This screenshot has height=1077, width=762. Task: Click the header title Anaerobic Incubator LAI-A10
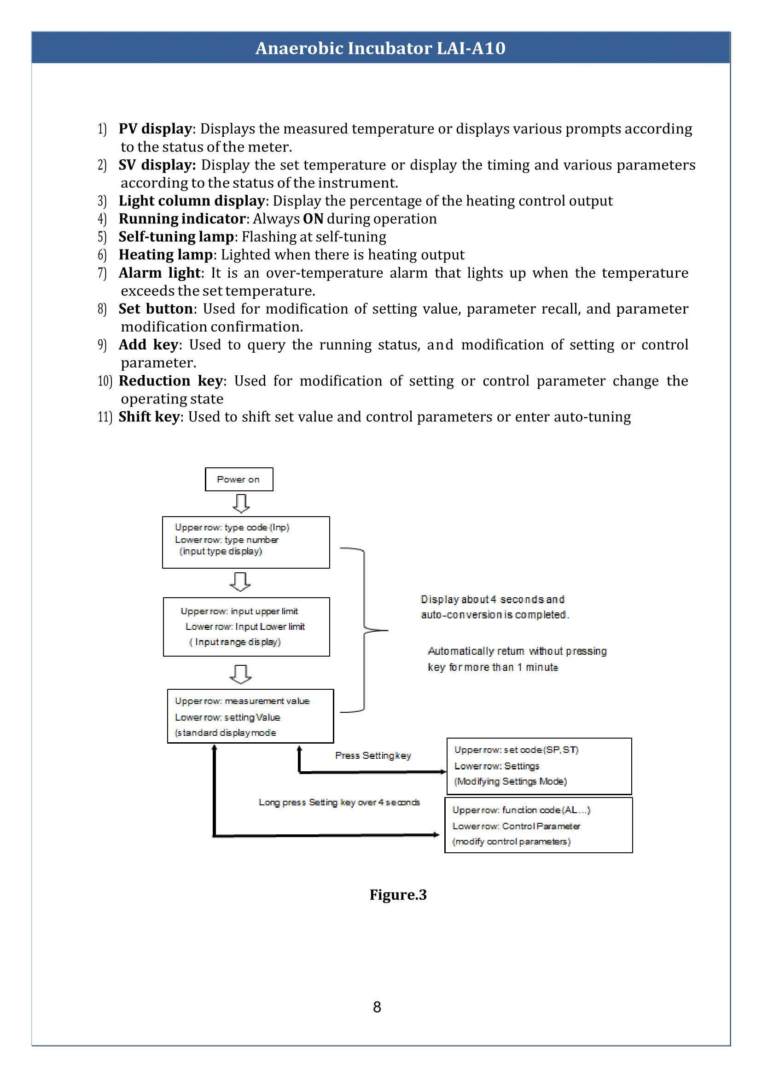point(380,48)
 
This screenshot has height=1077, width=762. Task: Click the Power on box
point(239,479)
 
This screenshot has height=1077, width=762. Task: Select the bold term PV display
point(155,128)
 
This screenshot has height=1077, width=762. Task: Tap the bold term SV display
point(157,165)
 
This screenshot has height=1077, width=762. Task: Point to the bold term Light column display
point(192,201)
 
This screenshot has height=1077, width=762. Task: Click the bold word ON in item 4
point(313,219)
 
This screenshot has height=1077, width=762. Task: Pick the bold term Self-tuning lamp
point(176,237)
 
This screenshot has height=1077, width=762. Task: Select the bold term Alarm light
point(160,273)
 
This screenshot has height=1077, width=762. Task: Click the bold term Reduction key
point(170,381)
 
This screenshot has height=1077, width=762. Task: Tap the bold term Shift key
point(149,417)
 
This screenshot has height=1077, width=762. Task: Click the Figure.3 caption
point(398,895)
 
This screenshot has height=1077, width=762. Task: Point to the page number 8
point(377,1007)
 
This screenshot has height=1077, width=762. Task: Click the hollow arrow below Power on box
point(241,503)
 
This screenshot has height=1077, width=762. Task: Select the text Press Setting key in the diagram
point(373,756)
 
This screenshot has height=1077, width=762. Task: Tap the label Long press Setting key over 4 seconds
point(339,803)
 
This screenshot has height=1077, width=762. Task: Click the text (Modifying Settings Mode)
point(511,781)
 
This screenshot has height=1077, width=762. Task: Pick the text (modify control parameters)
point(511,841)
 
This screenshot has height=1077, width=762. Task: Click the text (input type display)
point(221,552)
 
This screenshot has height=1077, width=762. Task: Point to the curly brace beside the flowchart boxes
point(364,630)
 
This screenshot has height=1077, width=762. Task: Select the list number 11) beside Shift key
point(105,417)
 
